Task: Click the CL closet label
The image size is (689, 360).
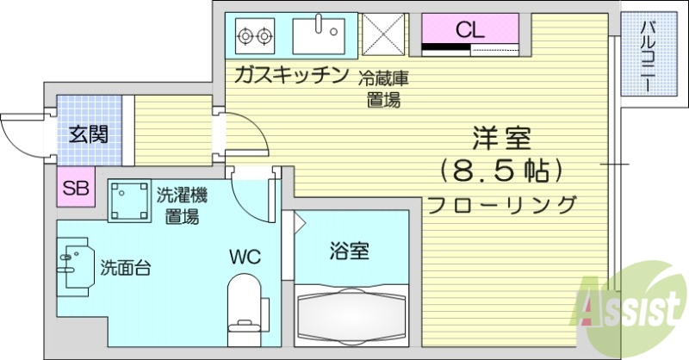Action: click(x=470, y=29)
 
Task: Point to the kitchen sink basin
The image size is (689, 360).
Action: click(x=316, y=35)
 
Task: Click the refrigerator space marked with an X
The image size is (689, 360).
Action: click(x=382, y=34)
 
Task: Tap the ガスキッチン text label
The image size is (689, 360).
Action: click(x=290, y=75)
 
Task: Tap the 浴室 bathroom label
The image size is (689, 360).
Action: click(x=349, y=251)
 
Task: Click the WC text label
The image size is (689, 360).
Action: click(x=245, y=257)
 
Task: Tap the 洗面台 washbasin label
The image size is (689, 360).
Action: click(x=126, y=267)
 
